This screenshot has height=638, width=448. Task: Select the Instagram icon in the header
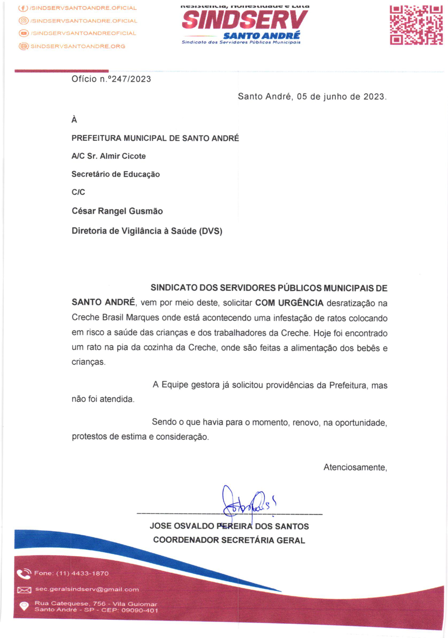tap(24, 20)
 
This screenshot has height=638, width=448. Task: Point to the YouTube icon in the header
tap(24, 33)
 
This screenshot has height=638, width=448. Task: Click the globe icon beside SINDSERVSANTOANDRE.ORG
tap(24, 46)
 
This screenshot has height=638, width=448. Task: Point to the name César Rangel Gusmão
tap(117, 211)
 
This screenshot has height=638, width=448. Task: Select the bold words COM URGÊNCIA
tap(289, 303)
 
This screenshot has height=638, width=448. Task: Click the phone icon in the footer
tap(24, 574)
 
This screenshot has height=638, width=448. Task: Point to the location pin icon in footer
tap(24, 606)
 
